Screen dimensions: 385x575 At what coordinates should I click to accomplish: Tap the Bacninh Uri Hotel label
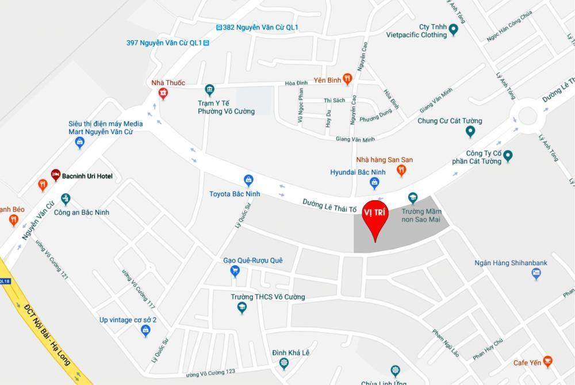tap(87, 176)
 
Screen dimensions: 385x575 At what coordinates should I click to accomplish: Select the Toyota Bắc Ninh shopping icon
tap(248, 180)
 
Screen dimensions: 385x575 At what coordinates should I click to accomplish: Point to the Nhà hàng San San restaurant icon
tap(401, 170)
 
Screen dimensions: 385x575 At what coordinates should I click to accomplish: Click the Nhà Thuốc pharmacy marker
tap(163, 94)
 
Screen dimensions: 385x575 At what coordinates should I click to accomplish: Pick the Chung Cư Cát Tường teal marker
tap(470, 132)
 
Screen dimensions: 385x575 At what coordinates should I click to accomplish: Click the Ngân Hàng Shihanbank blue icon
tap(536, 274)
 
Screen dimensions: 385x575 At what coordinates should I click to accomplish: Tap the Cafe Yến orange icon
tap(547, 362)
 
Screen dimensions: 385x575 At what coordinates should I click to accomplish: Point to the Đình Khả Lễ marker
tap(283, 363)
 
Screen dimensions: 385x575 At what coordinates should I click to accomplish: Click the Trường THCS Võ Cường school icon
tap(242, 308)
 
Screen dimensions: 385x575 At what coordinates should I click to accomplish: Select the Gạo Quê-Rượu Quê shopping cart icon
tap(235, 271)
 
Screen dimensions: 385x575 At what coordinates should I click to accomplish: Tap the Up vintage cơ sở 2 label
tap(128, 320)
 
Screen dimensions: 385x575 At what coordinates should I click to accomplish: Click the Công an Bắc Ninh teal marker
tap(66, 200)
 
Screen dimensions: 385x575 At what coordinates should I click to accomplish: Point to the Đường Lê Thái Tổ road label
tap(329, 205)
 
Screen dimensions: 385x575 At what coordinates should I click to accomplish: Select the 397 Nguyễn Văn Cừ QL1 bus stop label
tap(163, 43)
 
